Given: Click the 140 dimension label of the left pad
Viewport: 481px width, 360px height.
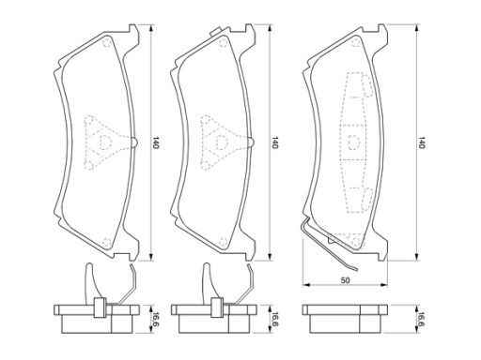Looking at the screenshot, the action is tap(156, 142).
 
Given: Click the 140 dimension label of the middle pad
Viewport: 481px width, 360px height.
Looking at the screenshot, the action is tap(274, 142).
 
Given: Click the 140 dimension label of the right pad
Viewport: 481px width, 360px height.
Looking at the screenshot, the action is tap(422, 142).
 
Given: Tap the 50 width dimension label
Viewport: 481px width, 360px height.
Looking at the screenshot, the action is tap(345, 280).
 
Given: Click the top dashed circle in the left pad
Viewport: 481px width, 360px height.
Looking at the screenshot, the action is tap(107, 42).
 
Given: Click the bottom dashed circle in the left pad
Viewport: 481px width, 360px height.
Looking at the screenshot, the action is tap(107, 242).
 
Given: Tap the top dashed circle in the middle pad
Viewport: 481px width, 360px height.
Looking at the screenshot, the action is tap(223, 42).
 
